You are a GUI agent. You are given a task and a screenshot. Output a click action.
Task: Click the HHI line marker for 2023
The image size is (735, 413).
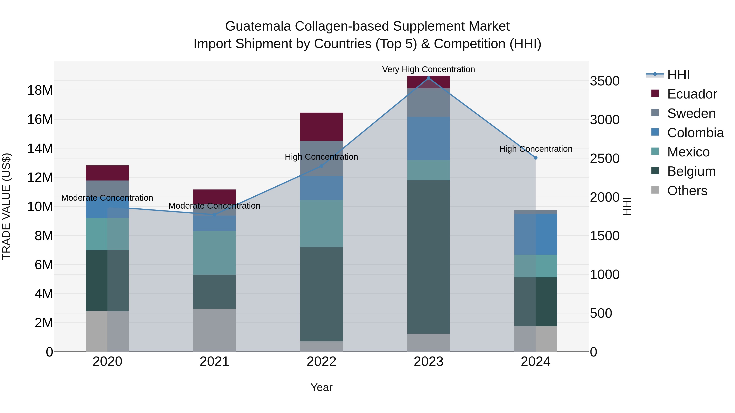click(428, 78)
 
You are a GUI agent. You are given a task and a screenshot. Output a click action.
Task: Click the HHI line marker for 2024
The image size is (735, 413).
click(536, 158)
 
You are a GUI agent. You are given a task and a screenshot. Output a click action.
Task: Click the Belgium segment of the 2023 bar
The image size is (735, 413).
click(428, 257)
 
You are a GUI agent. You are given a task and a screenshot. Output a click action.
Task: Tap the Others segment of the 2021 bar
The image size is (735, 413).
click(214, 330)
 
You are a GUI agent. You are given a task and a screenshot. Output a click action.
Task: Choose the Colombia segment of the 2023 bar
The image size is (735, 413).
click(428, 138)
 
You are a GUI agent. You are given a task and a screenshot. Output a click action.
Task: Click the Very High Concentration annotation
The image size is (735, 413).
click(428, 69)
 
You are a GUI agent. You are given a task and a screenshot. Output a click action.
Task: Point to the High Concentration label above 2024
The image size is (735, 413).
click(536, 149)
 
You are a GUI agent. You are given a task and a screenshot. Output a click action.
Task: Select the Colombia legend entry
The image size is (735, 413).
click(695, 133)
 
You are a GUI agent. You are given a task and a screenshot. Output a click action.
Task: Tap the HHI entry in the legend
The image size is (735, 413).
click(678, 75)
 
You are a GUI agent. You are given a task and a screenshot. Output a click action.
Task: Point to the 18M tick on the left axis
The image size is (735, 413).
click(40, 90)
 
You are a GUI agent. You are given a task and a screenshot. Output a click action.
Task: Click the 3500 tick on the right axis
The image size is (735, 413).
click(605, 81)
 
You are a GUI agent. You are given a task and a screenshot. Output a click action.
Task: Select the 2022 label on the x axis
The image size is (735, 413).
click(321, 362)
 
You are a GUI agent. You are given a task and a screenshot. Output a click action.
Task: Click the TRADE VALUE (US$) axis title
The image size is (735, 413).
click(6, 206)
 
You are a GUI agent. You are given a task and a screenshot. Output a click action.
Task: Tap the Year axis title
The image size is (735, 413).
click(321, 387)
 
